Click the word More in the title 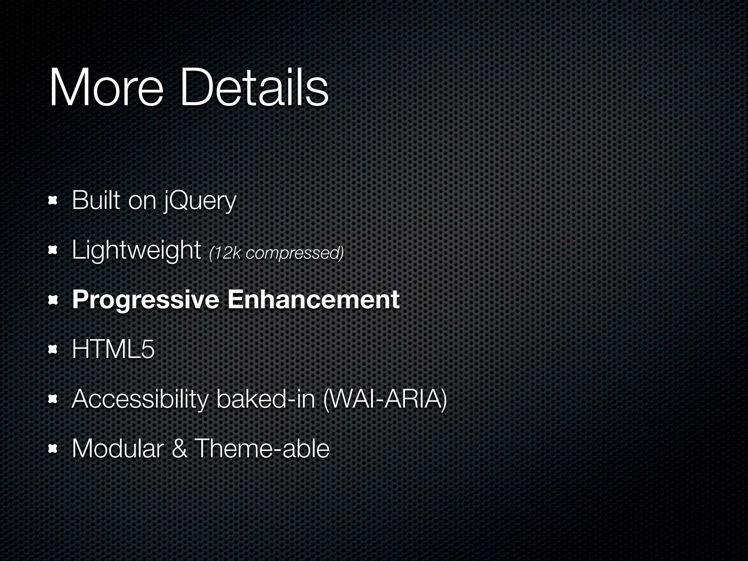pos(106,88)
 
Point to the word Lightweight pos(136,251)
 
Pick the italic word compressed pos(294,253)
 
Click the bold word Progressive pos(145,300)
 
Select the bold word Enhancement pos(313,299)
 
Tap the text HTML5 pos(113,350)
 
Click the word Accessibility pos(140,400)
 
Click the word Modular pos(117,449)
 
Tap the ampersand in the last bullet pos(179,449)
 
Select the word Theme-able pos(262,449)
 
